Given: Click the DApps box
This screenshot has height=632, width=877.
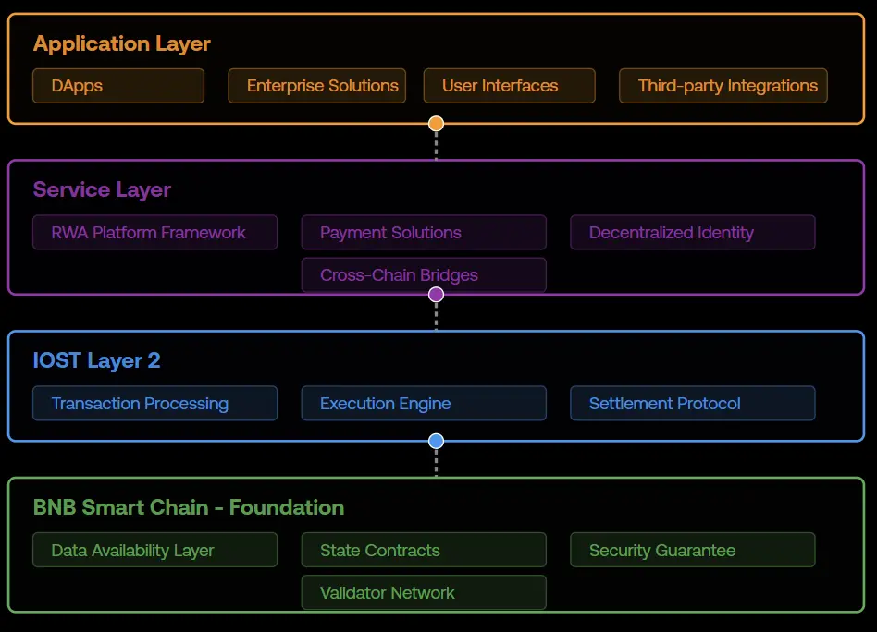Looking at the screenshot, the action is [x=118, y=86].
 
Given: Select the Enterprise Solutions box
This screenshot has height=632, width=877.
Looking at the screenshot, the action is [x=316, y=86].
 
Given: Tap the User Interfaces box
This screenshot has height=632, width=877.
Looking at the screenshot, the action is [x=509, y=86].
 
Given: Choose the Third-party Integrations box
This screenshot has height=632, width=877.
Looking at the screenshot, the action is [x=723, y=86].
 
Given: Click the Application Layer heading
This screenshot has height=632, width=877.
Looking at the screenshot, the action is [x=121, y=43].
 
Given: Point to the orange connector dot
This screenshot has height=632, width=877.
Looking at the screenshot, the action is [x=436, y=124].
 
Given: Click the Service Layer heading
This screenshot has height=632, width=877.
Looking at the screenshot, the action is [x=102, y=190].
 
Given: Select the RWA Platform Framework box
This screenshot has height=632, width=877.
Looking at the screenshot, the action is [x=154, y=232].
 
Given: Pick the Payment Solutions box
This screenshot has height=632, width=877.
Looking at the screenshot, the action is [x=424, y=232].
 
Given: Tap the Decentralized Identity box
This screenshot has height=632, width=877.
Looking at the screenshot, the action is [x=692, y=232].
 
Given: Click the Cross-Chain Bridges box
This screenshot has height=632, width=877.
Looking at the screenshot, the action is [x=424, y=274].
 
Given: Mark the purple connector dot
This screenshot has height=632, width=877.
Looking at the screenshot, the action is [x=436, y=295].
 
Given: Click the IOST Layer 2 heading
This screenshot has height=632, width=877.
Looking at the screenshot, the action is [x=96, y=360].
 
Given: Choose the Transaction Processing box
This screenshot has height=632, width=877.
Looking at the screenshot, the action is [x=154, y=403].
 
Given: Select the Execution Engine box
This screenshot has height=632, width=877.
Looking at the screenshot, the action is [x=424, y=403].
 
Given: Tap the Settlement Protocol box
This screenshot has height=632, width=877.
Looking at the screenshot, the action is [x=692, y=403].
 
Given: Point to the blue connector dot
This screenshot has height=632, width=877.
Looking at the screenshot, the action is [x=436, y=441].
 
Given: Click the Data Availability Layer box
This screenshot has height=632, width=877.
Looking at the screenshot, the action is [x=154, y=550].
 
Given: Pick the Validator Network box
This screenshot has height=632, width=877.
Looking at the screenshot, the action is [x=424, y=592].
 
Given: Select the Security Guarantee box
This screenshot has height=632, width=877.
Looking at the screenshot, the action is [x=692, y=550].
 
